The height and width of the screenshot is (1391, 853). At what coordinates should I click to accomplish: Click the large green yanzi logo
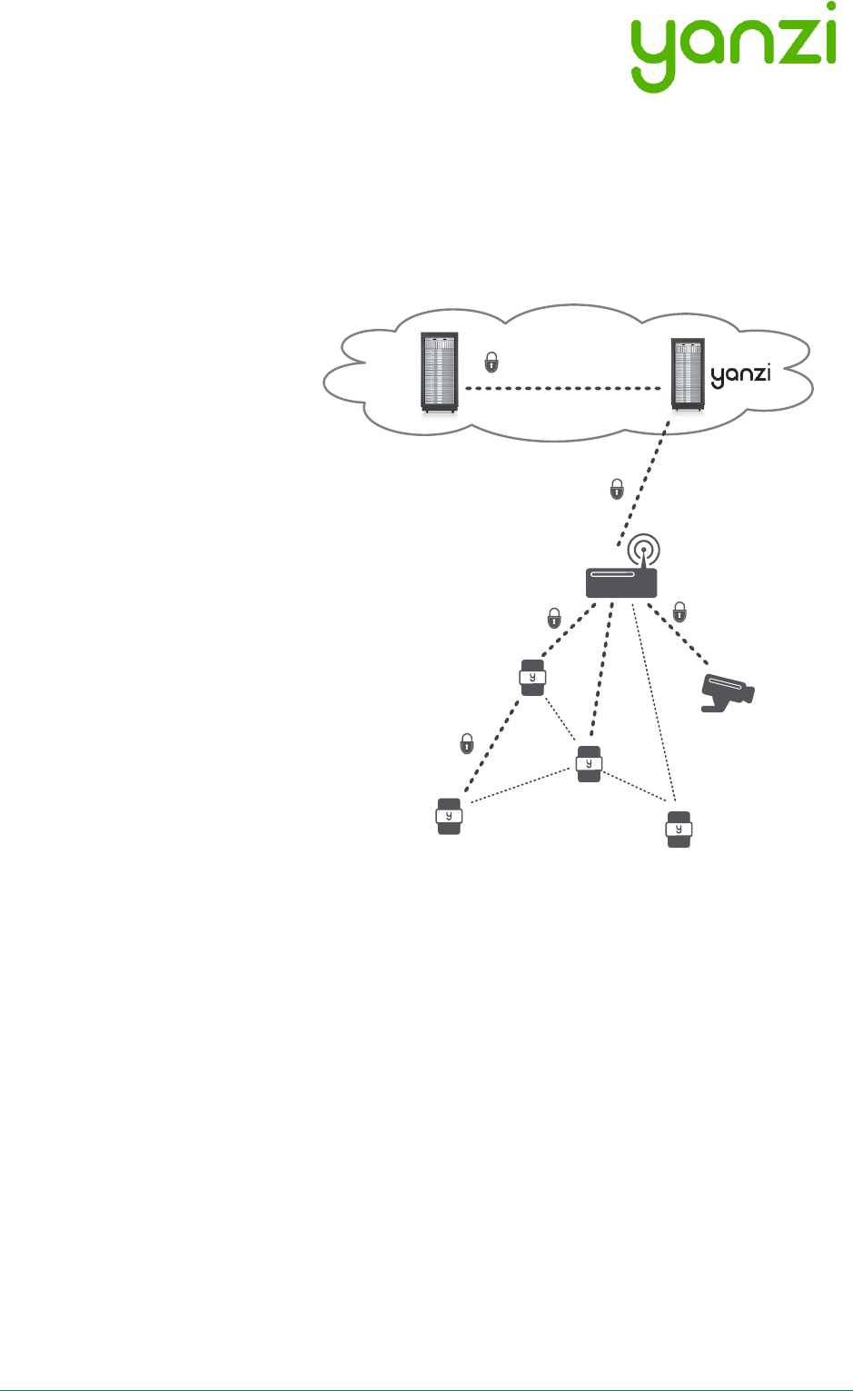(x=732, y=45)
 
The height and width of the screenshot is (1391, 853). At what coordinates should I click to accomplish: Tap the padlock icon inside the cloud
(x=491, y=362)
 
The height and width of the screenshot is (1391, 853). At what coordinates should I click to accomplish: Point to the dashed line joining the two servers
(x=563, y=389)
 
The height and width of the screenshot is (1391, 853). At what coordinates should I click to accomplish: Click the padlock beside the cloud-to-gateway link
(x=617, y=488)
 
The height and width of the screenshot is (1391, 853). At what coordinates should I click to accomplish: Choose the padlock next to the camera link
(x=679, y=611)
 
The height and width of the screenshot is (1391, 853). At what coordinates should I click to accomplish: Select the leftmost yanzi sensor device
(x=449, y=816)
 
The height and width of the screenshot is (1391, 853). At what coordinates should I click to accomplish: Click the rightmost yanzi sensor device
(x=679, y=829)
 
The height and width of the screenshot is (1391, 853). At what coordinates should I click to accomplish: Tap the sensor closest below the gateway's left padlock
(x=533, y=678)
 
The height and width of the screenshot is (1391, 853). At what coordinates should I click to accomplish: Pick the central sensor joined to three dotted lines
(x=589, y=764)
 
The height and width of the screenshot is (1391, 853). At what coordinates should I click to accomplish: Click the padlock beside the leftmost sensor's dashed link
(x=467, y=742)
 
